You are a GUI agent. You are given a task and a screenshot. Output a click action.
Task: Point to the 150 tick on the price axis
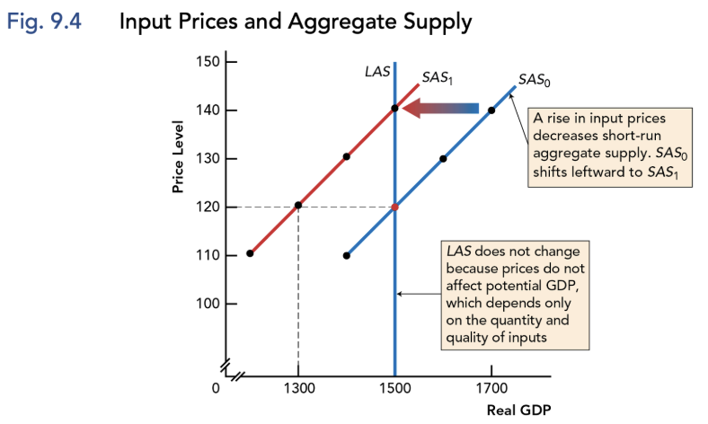click(208, 61)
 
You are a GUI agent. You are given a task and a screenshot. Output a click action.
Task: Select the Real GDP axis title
click(518, 411)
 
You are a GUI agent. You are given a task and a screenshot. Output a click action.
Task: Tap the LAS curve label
click(376, 72)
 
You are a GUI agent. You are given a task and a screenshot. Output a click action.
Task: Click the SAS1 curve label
click(438, 79)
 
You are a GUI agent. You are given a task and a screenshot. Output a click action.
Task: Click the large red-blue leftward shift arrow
click(439, 109)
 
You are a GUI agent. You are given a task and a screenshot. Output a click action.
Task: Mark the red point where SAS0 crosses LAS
click(394, 207)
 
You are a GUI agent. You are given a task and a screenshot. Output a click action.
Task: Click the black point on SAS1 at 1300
click(298, 206)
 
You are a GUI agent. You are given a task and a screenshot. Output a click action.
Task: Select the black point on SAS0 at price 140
click(491, 110)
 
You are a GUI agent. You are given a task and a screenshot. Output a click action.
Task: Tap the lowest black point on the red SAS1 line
click(250, 253)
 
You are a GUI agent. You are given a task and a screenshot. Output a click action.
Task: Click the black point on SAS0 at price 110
click(347, 255)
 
